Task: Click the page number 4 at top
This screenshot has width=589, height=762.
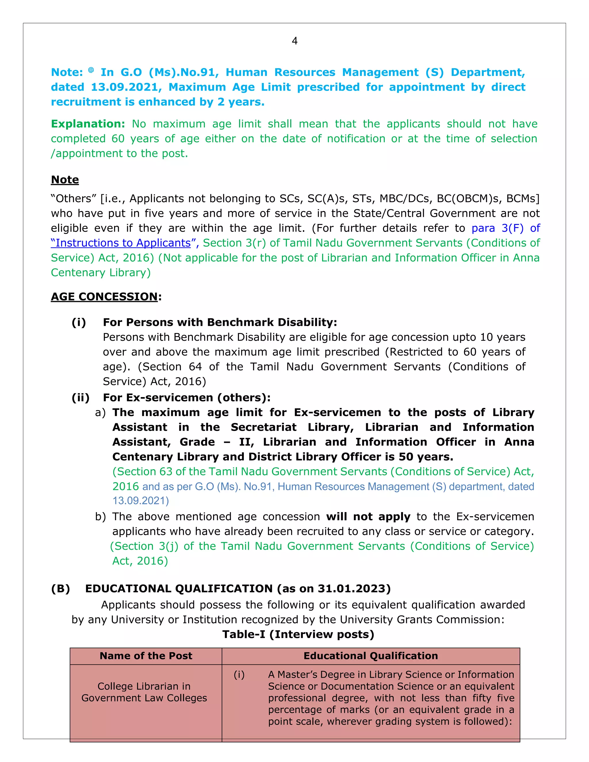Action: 294,41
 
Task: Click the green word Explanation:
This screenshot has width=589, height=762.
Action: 88,124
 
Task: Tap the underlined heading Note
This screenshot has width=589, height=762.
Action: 65,180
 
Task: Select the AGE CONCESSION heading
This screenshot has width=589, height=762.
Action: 104,296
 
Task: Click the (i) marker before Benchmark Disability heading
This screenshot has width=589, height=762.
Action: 79,322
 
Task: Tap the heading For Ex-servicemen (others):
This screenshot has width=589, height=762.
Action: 187,397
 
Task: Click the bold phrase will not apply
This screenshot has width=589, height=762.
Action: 368,516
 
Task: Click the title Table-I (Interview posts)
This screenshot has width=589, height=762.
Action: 298,634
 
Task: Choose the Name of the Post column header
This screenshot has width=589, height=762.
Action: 146,656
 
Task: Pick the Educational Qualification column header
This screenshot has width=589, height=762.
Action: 370,656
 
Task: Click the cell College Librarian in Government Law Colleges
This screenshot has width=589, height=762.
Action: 144,692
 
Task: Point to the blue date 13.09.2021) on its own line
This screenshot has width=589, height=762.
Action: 141,501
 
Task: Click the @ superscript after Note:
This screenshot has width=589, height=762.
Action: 91,70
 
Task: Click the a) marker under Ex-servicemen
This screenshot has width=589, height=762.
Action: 100,412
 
